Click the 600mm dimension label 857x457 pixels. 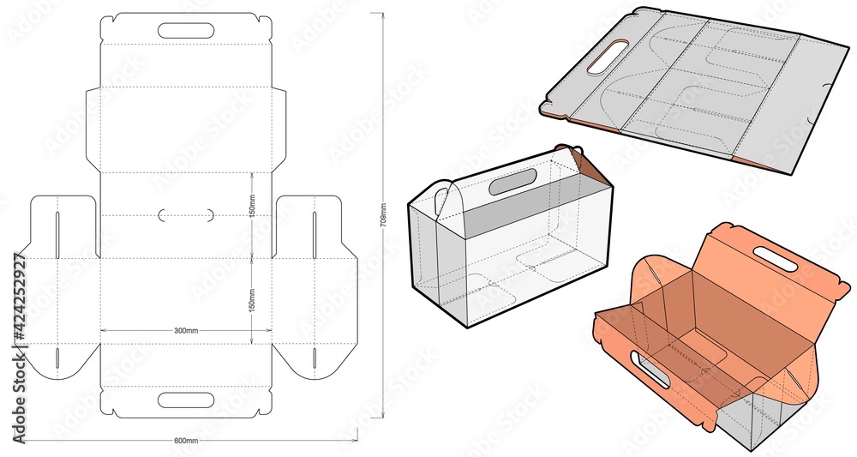tap(186, 440)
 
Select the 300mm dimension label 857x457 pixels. tap(186, 329)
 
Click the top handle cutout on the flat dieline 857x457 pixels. tap(185, 31)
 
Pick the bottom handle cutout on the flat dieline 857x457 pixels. tap(185, 400)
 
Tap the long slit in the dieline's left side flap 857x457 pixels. tap(57, 232)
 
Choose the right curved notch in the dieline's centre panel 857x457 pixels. tap(208, 215)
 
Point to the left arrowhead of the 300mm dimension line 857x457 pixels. tap(104, 329)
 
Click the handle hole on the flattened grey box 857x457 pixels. tap(599, 57)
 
